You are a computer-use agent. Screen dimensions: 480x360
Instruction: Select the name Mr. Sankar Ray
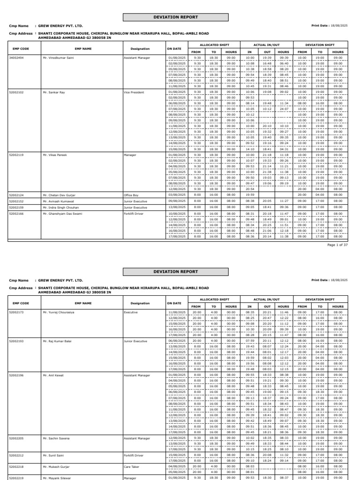(53, 92)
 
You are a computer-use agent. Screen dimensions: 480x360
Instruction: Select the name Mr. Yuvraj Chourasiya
(60, 311)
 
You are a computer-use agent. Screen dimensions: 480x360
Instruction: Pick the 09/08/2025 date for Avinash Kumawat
(176, 201)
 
